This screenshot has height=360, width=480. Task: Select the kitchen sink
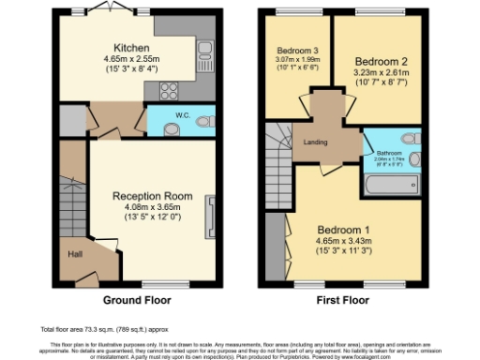[x=204, y=58]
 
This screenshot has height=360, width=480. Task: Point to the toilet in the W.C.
[x=207, y=121]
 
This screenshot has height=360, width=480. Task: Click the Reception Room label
[x=153, y=196]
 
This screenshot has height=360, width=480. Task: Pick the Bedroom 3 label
[x=296, y=50]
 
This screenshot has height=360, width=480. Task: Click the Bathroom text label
[x=389, y=151]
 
